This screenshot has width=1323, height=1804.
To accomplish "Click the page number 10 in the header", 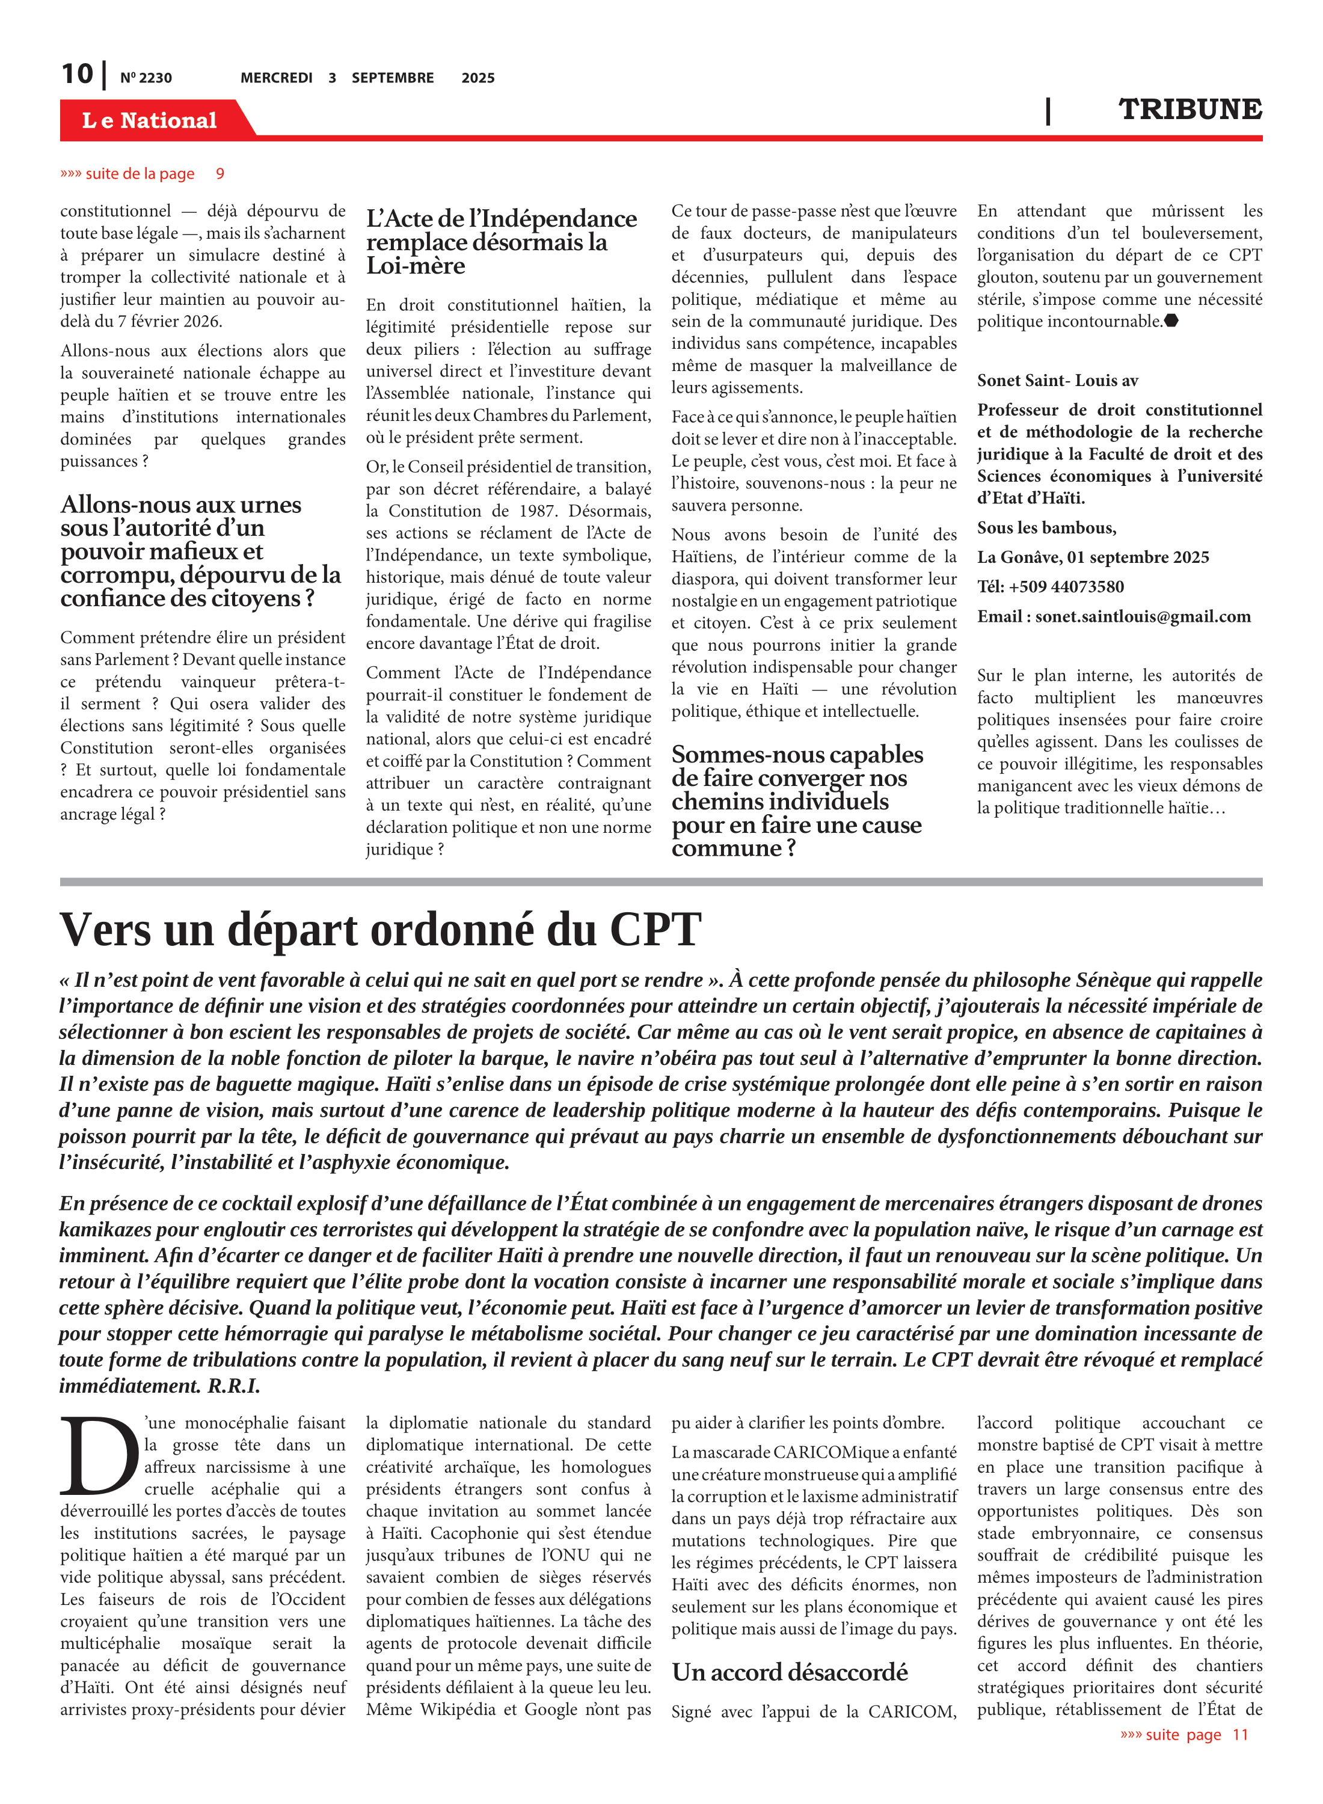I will [x=78, y=74].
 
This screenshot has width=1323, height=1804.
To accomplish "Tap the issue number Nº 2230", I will [x=146, y=78].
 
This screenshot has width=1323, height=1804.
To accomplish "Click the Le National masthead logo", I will [x=149, y=120].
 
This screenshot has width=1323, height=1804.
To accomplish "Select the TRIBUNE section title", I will [x=1189, y=109].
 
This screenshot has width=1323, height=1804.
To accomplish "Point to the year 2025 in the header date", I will [x=477, y=78].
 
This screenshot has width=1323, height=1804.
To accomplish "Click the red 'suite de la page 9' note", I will [x=142, y=174].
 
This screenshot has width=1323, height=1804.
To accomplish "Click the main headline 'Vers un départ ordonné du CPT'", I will [x=381, y=930].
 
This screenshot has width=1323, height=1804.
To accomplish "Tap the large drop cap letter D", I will [x=99, y=1457].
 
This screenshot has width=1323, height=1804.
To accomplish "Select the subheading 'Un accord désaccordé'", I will [x=789, y=1672].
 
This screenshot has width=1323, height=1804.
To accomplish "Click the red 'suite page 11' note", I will [x=1183, y=1734].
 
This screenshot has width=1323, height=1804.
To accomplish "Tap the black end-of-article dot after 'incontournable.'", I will [x=1171, y=321].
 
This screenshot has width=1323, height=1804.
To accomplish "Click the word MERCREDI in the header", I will [x=276, y=78].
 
